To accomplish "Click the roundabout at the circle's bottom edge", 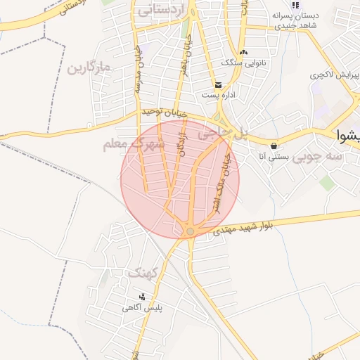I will (190, 231).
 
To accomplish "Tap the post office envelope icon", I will (219, 85).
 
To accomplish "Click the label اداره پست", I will (216, 95).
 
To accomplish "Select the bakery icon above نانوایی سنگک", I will (243, 52).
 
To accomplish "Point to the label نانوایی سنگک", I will (240, 63).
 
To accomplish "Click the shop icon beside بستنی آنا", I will (273, 146).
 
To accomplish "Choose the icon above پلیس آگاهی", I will (142, 297).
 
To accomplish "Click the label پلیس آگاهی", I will (141, 307).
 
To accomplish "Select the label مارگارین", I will (91, 68).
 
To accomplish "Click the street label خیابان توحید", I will (163, 112).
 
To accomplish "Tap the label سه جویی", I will (319, 157).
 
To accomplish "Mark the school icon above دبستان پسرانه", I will (297, 5).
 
